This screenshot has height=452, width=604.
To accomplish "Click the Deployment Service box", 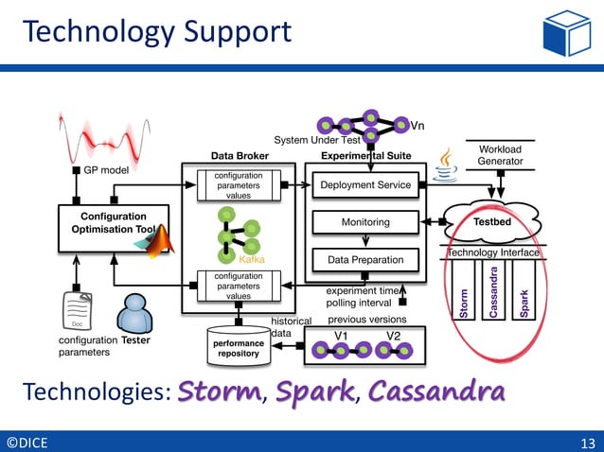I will coord(365,184).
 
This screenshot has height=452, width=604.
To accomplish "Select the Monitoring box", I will coord(365,222).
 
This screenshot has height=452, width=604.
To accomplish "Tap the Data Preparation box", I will coord(365,259).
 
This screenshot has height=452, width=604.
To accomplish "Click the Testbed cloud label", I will coord(491,221).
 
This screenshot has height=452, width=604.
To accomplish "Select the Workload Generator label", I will coord(500,156).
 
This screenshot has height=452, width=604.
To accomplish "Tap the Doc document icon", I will coord(78,311).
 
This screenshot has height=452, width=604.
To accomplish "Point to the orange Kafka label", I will coord(251,258).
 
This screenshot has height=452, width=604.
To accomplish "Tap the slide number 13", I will coord(586,442).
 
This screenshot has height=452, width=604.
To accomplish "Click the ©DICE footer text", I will coord(27,442).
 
